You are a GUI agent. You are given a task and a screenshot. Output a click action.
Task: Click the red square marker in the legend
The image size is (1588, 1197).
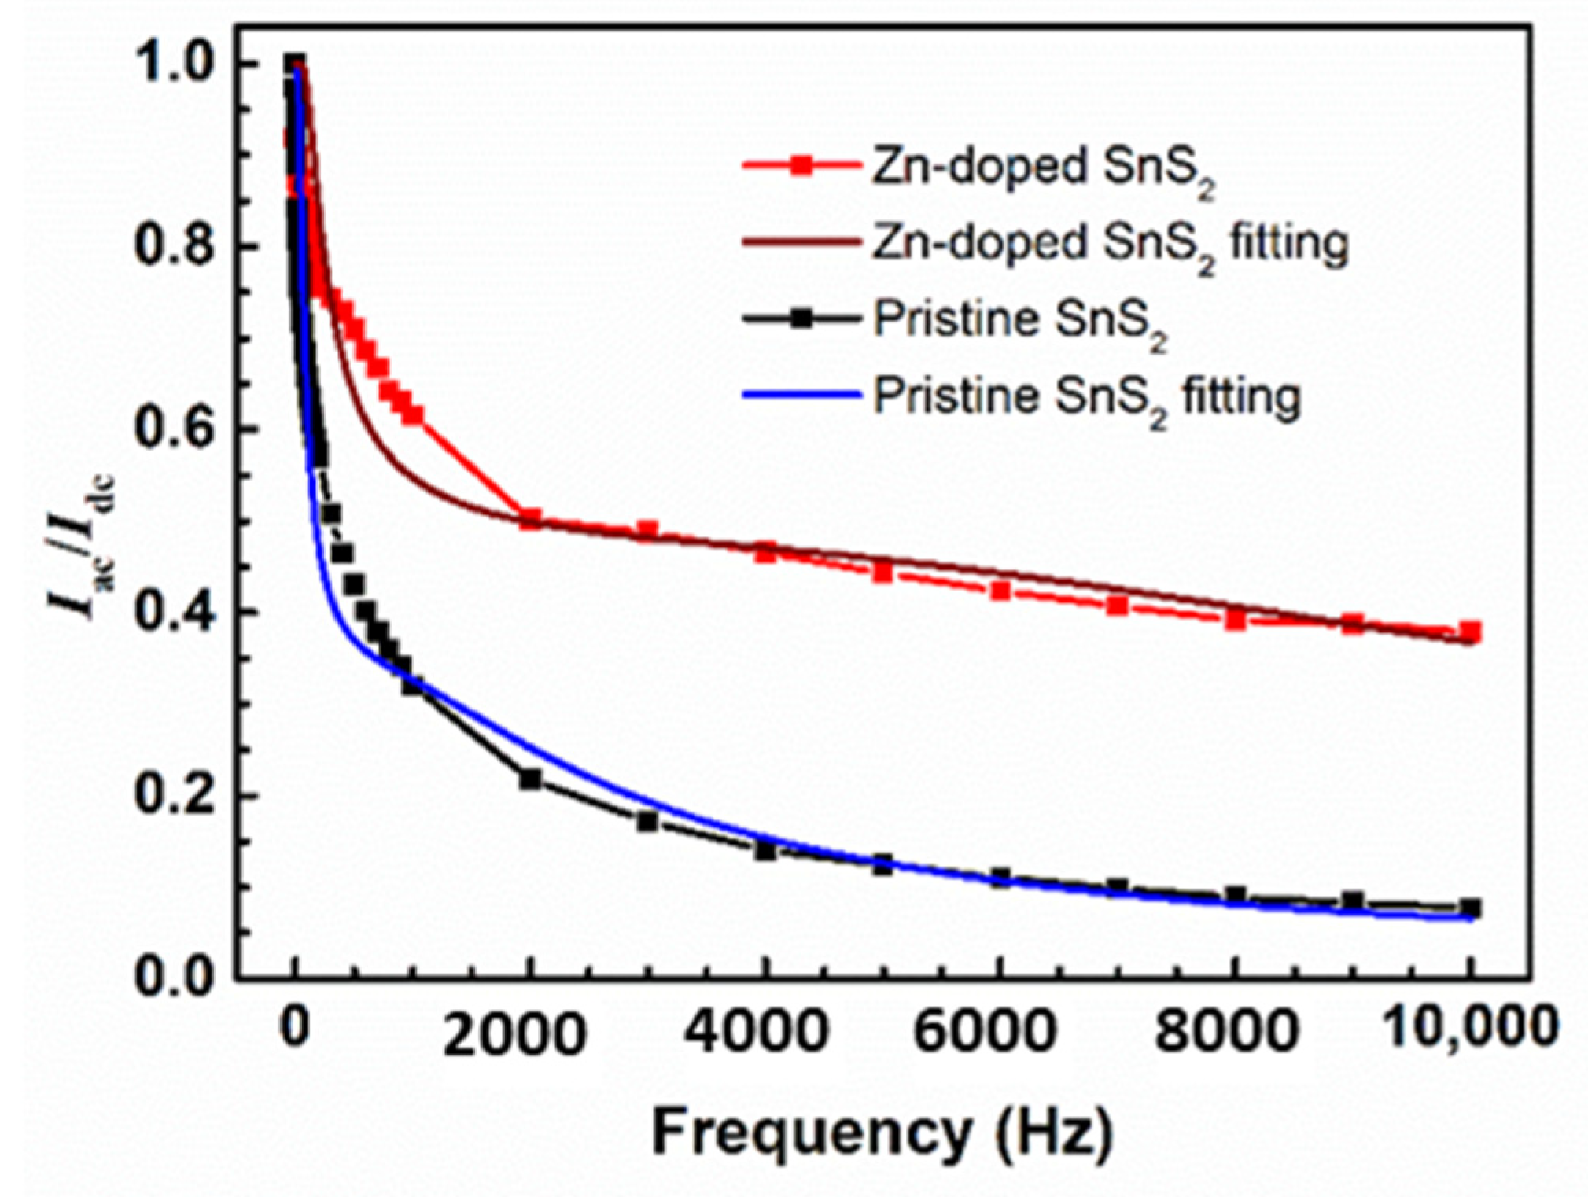tap(801, 165)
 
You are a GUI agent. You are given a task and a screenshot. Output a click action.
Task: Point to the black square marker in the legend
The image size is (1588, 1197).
tap(801, 319)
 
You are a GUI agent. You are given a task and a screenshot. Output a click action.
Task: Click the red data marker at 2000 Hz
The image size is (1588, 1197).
tap(530, 520)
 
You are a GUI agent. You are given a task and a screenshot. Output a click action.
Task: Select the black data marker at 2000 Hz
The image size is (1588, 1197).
tap(530, 779)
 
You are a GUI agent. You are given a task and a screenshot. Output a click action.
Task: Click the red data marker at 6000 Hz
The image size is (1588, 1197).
tap(1000, 591)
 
